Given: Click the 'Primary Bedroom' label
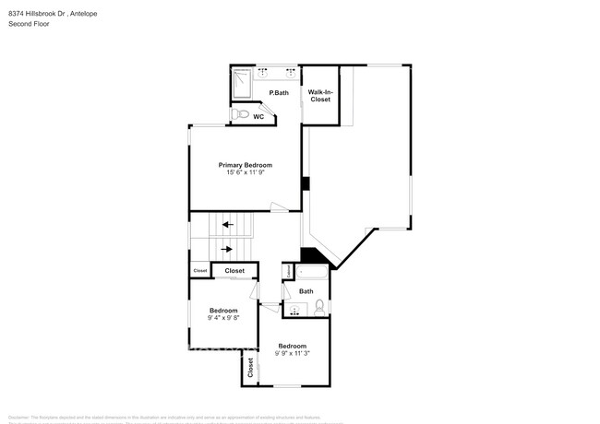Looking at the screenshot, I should pos(245,164).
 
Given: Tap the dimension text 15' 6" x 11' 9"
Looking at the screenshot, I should pos(245,172).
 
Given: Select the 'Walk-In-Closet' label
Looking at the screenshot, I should pos(320,96).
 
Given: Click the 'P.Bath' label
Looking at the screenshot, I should pos(280,93).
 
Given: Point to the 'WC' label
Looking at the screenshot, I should pos(258,117).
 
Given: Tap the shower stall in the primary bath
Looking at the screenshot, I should pos(243,83).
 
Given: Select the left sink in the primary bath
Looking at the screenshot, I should pos(263,71).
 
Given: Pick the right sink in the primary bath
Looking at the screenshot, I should pos(291,71).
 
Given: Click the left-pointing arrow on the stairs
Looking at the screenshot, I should pos(226,224).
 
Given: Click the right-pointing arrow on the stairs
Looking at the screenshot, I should pos(226,248).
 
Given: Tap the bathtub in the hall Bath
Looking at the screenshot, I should pos(309,273).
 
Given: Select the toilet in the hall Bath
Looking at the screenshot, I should pos(318,306).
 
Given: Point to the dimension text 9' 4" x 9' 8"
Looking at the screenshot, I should pos(223,318).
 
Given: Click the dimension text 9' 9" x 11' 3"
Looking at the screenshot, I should pos(293,353).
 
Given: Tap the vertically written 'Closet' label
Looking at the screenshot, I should pos(250,368).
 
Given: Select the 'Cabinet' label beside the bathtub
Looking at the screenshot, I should pos(287,272).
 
